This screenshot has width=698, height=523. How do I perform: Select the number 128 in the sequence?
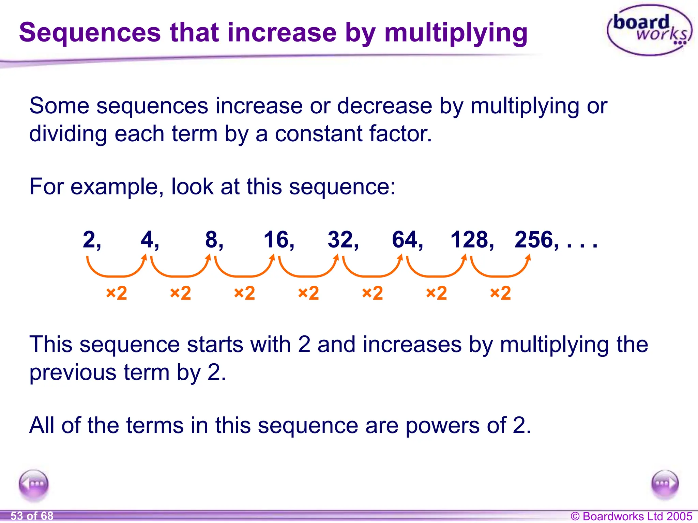pos(470,240)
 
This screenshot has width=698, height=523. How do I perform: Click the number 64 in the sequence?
pos(405,240)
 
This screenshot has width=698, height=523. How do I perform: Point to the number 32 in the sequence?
pos(340,240)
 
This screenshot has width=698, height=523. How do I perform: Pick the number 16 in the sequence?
pos(276,240)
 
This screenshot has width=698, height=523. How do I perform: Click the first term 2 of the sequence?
pos(89,240)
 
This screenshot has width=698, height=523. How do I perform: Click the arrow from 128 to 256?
pos(501,269)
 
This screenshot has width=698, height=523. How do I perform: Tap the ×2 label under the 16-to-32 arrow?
pos(308,293)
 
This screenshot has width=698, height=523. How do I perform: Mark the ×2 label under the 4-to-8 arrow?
pos(180,293)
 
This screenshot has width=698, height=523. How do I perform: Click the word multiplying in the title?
pos(456,33)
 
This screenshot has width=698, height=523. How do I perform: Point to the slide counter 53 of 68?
pos(32,516)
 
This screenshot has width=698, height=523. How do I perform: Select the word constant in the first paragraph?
pos(318,134)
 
